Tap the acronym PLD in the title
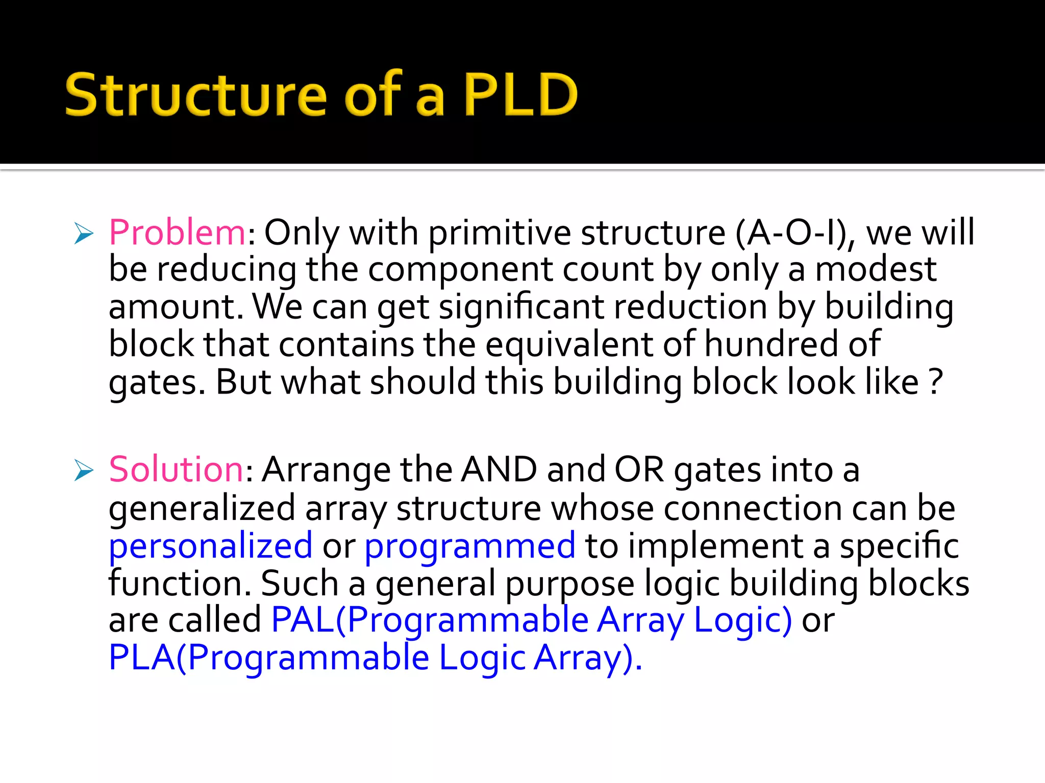520,95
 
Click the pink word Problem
178,233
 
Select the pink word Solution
177,469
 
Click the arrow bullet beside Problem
84,233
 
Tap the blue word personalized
210,546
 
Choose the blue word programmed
469,546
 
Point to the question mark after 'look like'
935,382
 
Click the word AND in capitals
499,469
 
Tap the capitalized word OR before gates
639,469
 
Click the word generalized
202,508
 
